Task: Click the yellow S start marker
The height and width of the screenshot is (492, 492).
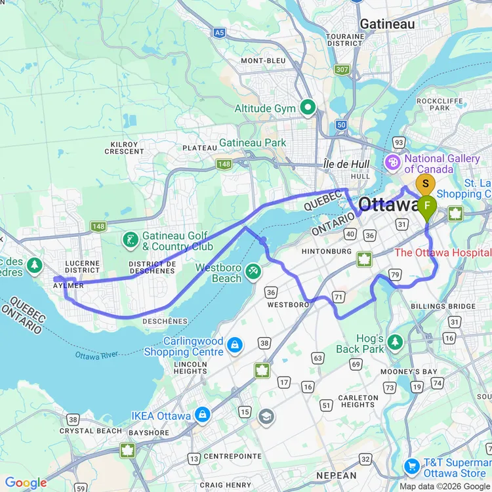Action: point(426,184)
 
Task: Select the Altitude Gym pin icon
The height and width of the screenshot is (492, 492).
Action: point(307,107)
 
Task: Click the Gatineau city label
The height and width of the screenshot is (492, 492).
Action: point(387,24)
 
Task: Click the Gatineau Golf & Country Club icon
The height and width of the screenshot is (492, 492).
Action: point(131,240)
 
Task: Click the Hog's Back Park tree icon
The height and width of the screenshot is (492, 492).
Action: point(395,342)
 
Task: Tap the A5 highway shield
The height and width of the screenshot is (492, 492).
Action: point(220,31)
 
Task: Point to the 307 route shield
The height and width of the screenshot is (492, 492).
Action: point(342,69)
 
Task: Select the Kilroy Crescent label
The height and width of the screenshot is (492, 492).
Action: point(123,148)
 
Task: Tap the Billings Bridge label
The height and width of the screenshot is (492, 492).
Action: point(438,306)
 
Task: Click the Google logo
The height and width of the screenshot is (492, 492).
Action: point(26,483)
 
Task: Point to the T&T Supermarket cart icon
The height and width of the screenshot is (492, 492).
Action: point(411,466)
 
